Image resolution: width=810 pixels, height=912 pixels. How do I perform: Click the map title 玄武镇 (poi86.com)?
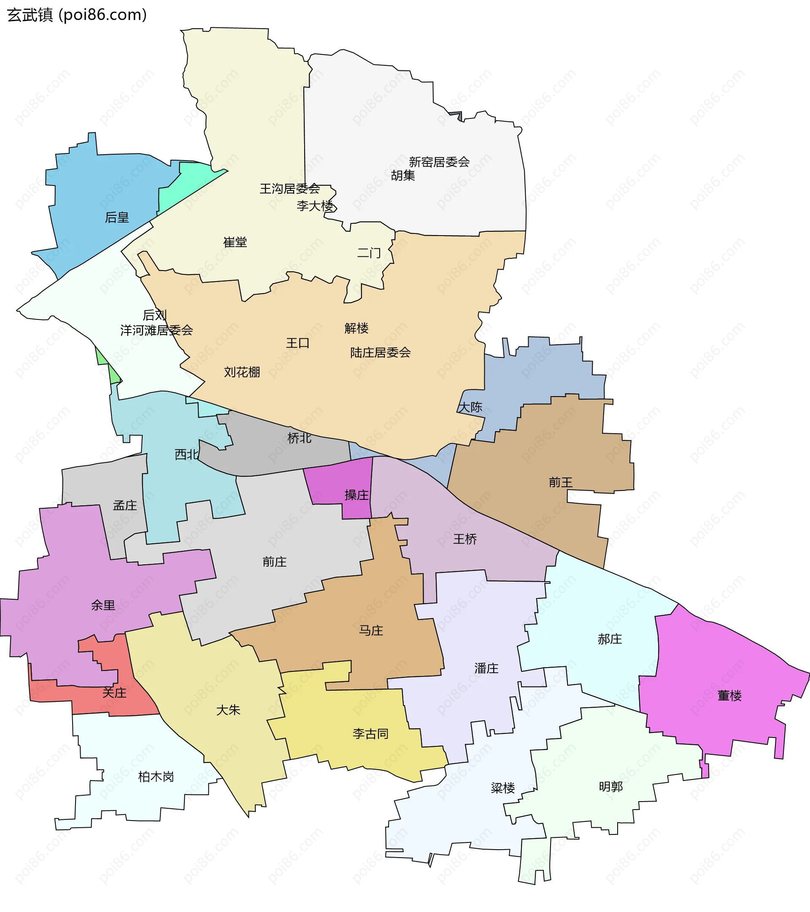pyautogui.click(x=77, y=15)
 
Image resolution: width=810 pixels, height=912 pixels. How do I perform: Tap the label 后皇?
pyautogui.click(x=116, y=218)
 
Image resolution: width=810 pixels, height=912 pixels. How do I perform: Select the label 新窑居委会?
pyautogui.click(x=439, y=162)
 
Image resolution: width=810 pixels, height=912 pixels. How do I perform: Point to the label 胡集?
pyautogui.click(x=403, y=176)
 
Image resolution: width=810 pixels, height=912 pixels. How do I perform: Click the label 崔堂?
pyautogui.click(x=235, y=242)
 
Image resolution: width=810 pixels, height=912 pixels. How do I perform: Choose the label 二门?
pyautogui.click(x=369, y=253)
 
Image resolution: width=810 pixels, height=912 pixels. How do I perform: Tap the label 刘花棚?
pyautogui.click(x=242, y=372)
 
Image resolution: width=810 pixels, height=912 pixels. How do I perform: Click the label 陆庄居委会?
pyautogui.click(x=380, y=353)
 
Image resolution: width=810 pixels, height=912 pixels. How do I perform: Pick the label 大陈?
pyautogui.click(x=470, y=407)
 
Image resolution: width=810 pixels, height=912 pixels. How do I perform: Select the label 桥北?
pyautogui.click(x=299, y=438)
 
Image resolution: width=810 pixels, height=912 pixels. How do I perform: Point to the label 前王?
pyautogui.click(x=560, y=482)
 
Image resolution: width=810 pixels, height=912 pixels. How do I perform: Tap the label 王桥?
pyautogui.click(x=465, y=539)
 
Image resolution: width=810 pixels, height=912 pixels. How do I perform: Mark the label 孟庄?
pyautogui.click(x=124, y=506)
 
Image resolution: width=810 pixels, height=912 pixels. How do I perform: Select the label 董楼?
pyautogui.click(x=729, y=696)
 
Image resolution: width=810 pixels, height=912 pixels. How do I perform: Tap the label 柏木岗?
pyautogui.click(x=156, y=777)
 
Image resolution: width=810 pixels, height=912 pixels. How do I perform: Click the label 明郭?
pyautogui.click(x=610, y=787)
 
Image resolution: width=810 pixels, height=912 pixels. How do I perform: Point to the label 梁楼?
pyautogui.click(x=503, y=788)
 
